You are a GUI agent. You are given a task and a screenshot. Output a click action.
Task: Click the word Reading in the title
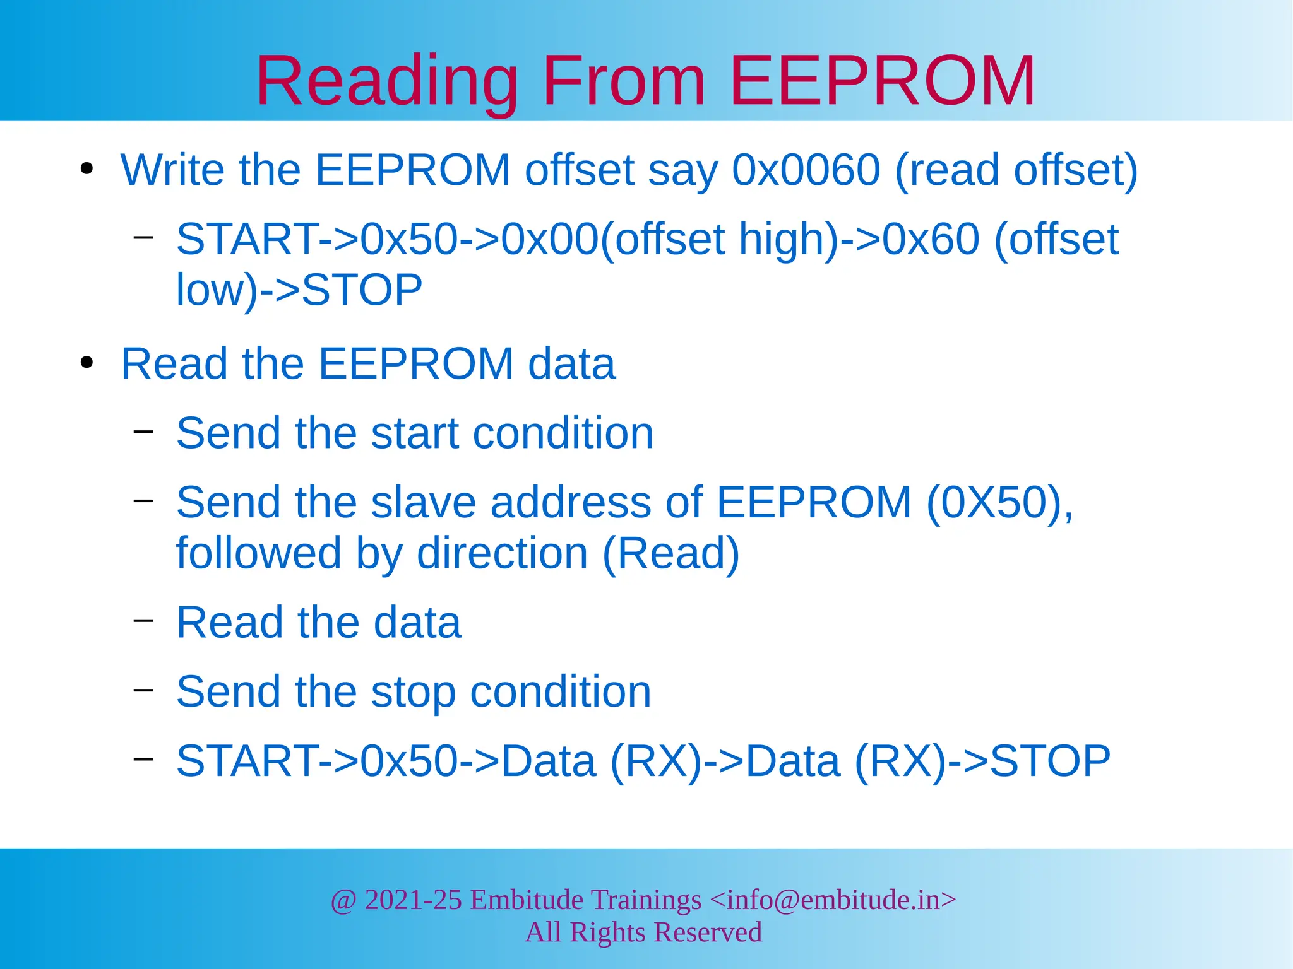coord(386,82)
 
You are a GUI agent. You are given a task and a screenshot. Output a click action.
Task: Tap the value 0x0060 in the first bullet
coord(806,170)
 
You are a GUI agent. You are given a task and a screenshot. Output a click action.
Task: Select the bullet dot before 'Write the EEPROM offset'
coord(87,169)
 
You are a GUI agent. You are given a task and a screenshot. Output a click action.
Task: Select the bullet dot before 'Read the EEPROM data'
coord(87,363)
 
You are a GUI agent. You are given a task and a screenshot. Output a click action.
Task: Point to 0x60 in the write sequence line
coord(931,240)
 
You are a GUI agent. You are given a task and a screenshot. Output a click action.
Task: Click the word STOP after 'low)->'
coord(362,290)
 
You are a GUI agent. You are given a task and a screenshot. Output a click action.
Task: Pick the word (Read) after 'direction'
coord(670,553)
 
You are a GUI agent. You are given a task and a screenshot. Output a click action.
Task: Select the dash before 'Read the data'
coord(143,620)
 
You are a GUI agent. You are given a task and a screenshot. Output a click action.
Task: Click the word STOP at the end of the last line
coord(1050,761)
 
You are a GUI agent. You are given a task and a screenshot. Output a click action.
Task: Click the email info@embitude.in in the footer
coord(833,900)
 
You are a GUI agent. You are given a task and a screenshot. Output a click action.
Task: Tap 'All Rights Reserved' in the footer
coord(643,932)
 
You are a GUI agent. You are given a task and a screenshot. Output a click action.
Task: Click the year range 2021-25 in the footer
coord(414,900)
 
